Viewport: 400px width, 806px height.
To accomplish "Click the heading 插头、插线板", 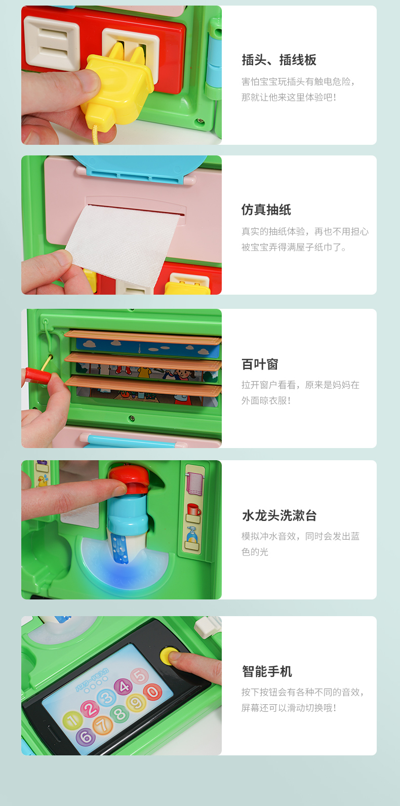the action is (279, 60).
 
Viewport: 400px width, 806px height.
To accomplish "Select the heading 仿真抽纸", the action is (266, 210).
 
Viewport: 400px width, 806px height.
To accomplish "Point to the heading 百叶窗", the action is (260, 364).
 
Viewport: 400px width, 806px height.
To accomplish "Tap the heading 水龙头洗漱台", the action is (279, 515).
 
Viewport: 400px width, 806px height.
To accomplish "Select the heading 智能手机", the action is (266, 671).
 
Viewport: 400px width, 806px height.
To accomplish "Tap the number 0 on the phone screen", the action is (152, 692).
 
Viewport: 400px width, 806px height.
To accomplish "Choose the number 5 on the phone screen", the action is (140, 676).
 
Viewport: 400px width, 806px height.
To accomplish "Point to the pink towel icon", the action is (194, 483).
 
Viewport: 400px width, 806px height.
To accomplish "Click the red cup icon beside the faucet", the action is (194, 510).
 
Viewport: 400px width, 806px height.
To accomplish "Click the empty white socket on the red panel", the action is (52, 43).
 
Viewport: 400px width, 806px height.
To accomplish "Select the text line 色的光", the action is (255, 552).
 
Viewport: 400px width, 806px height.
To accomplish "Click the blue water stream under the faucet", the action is (119, 548).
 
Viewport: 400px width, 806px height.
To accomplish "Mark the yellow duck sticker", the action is (43, 480).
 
